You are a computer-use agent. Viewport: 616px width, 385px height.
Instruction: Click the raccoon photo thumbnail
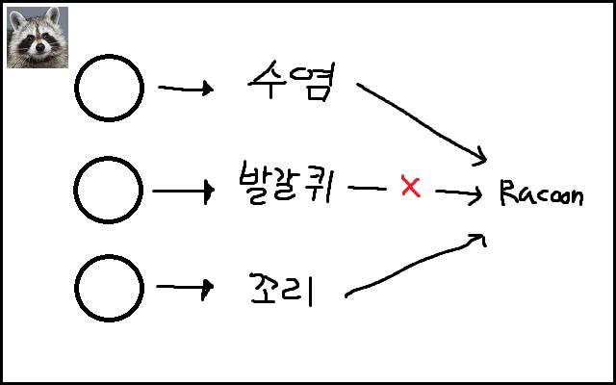click(37, 37)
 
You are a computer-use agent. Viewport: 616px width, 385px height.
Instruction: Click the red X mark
click(411, 187)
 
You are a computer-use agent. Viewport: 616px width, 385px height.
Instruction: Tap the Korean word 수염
click(290, 87)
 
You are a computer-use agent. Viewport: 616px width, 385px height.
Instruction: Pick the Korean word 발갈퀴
click(286, 186)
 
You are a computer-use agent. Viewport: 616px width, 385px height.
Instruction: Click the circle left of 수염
click(110, 89)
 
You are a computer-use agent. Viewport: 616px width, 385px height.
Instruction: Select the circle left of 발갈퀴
click(110, 191)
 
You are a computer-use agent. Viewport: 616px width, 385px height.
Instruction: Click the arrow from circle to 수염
click(185, 90)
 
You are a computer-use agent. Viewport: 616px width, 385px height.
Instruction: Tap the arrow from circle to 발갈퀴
click(183, 192)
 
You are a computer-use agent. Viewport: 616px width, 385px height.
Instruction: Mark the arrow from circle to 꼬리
click(184, 288)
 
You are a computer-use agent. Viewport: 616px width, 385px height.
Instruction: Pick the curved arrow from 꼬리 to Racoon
click(414, 264)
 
